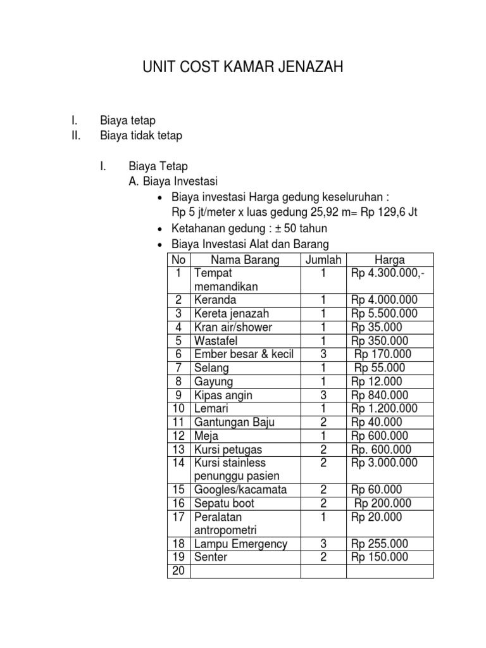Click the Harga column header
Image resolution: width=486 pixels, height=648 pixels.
[390, 259]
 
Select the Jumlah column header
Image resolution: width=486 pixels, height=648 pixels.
[323, 259]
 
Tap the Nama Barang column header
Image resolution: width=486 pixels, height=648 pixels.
[245, 259]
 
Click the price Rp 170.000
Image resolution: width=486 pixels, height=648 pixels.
[383, 354]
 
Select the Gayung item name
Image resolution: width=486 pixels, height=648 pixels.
[214, 382]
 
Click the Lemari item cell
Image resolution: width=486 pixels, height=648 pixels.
[212, 409]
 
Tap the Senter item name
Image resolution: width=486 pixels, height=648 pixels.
[211, 558]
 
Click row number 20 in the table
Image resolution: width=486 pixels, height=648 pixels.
[178, 571]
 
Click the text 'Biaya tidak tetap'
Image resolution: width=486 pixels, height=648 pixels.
[141, 135]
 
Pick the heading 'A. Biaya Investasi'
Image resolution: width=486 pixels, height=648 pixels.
[172, 181]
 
